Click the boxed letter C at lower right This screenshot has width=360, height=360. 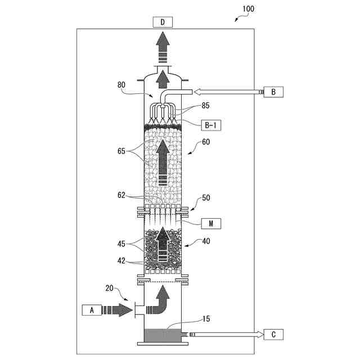[x=273, y=335]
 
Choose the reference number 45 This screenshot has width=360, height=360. [x=121, y=244]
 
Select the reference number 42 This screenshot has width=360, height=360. [x=121, y=260]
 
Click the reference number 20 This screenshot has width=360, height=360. [x=111, y=289]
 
